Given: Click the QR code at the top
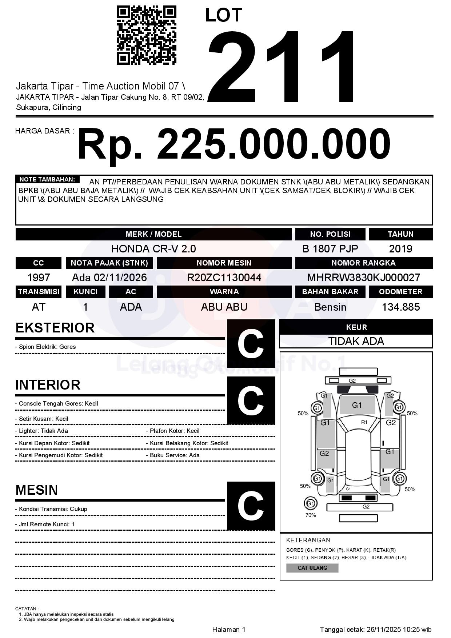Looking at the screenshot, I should [x=146, y=35].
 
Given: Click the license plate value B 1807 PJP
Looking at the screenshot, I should [x=330, y=249].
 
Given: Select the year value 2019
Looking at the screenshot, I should [x=400, y=249].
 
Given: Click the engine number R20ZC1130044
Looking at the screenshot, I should [x=224, y=278].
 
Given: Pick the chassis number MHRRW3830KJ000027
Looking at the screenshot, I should [x=363, y=278].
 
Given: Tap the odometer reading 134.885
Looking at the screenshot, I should [x=400, y=307].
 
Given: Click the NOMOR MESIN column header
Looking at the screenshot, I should [x=224, y=263].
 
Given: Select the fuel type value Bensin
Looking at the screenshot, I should [x=330, y=307].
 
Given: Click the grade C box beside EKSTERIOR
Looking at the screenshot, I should [x=251, y=343].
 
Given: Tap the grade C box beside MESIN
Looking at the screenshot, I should [x=251, y=506].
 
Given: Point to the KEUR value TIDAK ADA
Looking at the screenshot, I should [x=356, y=341].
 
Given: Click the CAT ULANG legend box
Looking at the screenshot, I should [x=312, y=568].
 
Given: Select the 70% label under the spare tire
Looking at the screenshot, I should [x=311, y=515].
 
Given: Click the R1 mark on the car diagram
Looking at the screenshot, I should [x=364, y=422].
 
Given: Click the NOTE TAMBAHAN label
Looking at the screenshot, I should [x=47, y=179].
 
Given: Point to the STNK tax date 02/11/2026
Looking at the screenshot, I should [x=120, y=278].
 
